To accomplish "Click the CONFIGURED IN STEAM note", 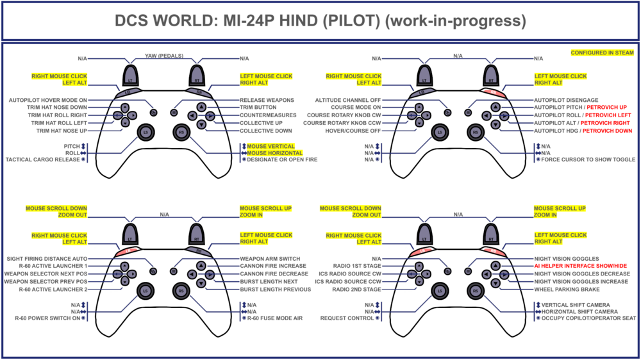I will [603, 53].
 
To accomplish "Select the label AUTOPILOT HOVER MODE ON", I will [48, 100].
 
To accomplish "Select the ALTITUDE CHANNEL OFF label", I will [348, 100].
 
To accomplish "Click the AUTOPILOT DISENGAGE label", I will [567, 100].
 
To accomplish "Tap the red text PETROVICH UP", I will [604, 108].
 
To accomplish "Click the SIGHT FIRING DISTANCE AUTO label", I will [47, 258].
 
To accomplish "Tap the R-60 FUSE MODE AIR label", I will [276, 318].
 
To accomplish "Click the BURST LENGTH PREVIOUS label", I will [276, 289].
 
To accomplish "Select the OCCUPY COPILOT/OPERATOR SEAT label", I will [588, 318].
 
